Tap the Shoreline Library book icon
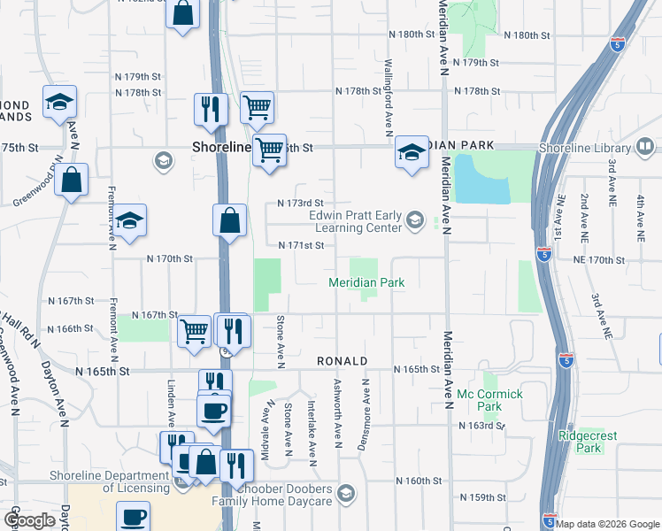[646, 146]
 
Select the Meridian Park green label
[366, 282]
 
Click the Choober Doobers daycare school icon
[346, 493]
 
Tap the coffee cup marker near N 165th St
[213, 410]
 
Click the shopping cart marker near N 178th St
[256, 107]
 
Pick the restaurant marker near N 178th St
[211, 108]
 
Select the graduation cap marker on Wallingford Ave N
[412, 152]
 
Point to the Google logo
[29, 520]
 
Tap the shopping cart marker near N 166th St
[194, 331]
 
